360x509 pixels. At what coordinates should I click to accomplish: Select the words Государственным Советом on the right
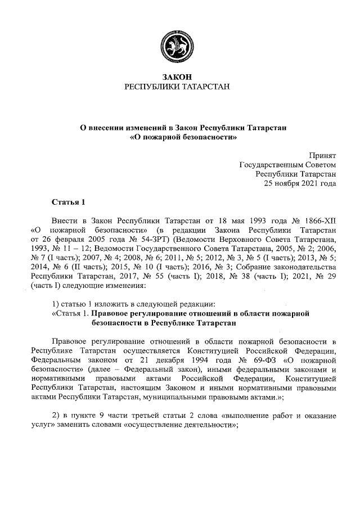click(x=288, y=164)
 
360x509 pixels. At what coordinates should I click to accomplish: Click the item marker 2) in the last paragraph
click(x=55, y=416)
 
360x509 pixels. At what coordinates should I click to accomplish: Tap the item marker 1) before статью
click(x=55, y=304)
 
